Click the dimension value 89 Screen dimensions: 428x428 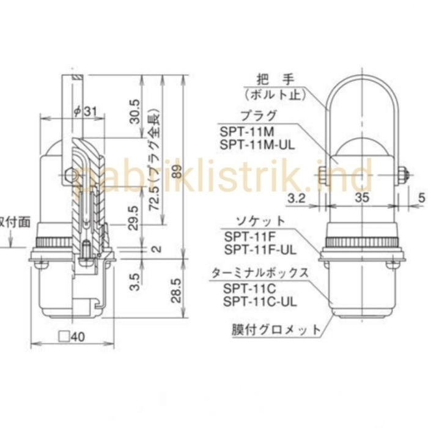pos(177,177)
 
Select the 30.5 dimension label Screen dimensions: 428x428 pos(136,112)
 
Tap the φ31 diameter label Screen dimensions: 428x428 pos(85,111)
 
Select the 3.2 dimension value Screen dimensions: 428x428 pos(298,197)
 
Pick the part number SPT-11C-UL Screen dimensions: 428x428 pos(260,301)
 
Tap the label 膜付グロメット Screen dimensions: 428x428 pos(276,330)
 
